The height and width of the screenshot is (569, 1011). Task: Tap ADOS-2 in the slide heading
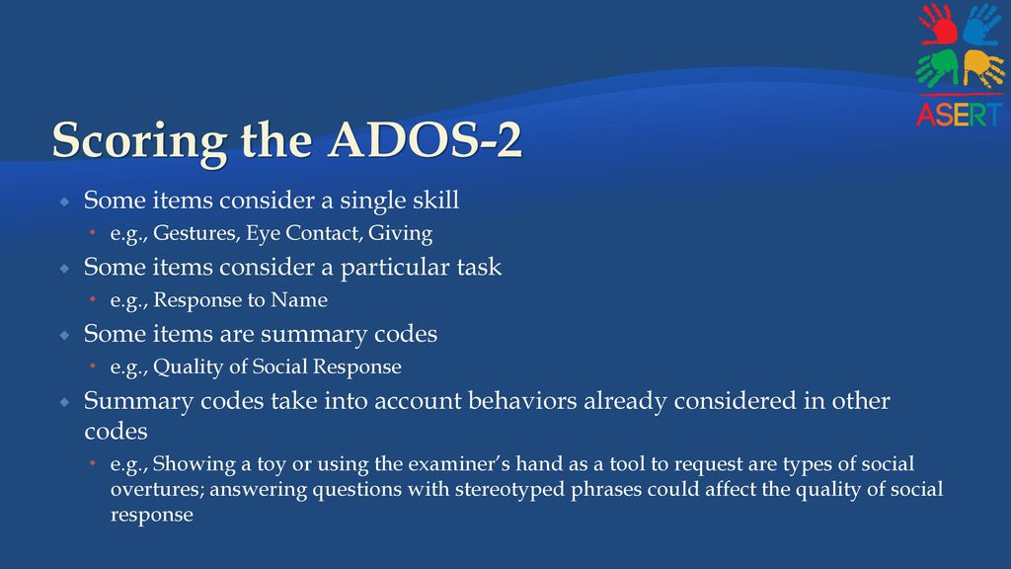pos(425,139)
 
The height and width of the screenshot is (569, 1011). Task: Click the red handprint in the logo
pos(939,25)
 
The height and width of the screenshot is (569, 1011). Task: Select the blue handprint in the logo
pos(982,25)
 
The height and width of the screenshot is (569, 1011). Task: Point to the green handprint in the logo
pos(938,68)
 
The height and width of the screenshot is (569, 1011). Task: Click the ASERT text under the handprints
pos(960,115)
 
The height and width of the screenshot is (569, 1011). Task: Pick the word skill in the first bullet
pos(435,200)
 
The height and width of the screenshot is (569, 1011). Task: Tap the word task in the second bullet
pos(479,267)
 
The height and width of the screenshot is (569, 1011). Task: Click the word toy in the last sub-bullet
pos(272,464)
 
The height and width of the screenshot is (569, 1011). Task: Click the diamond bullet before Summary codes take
pos(64,403)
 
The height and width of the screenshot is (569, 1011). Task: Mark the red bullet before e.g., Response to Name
pos(93,298)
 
